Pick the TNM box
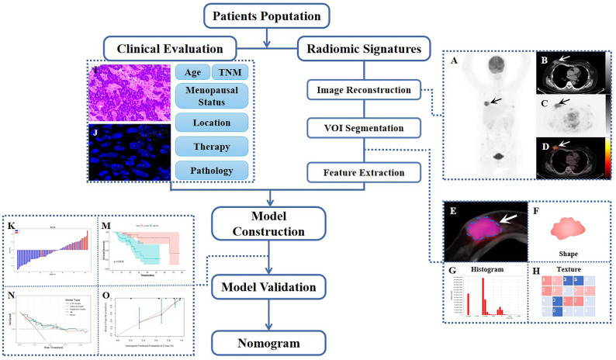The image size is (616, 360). click(x=230, y=71)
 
